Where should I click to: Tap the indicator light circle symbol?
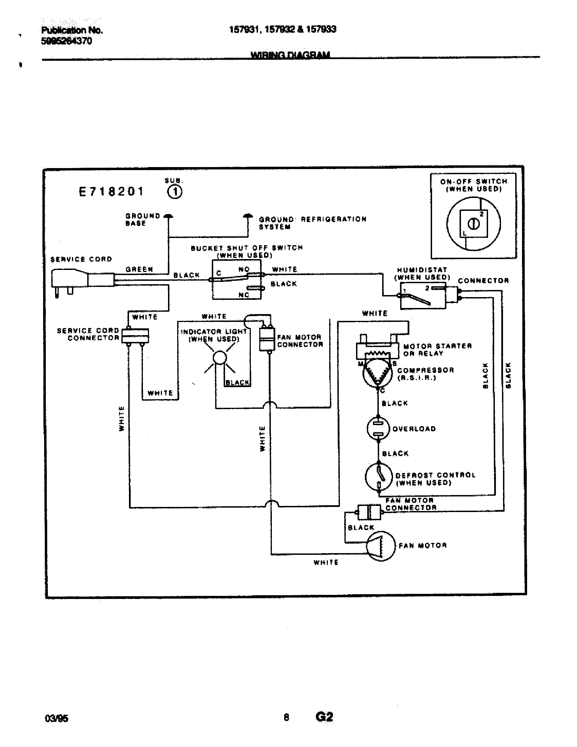point(220,358)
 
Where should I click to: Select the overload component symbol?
point(378,428)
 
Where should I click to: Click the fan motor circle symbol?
point(380,546)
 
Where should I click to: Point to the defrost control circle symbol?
point(379,476)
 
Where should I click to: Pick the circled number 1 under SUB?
point(175,192)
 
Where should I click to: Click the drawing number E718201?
point(111,192)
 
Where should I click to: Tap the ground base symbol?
point(168,217)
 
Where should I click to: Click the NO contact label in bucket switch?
point(244,269)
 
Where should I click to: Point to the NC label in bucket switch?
point(244,295)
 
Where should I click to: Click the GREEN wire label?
point(139,270)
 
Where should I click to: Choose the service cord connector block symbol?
point(135,335)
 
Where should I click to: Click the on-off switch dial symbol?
point(473,224)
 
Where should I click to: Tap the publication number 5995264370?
point(66,41)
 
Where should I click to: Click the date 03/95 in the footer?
point(56,718)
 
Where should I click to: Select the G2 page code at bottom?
point(324,716)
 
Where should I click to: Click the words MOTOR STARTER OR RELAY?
point(437,349)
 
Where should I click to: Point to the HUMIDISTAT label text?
point(422,270)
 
